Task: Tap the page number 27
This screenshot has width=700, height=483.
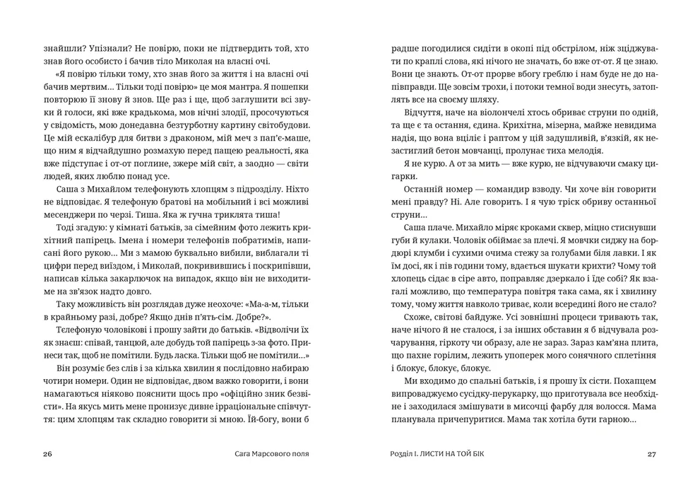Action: pyautogui.click(x=652, y=454)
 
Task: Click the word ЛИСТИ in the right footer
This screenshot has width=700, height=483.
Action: pyautogui.click(x=437, y=454)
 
